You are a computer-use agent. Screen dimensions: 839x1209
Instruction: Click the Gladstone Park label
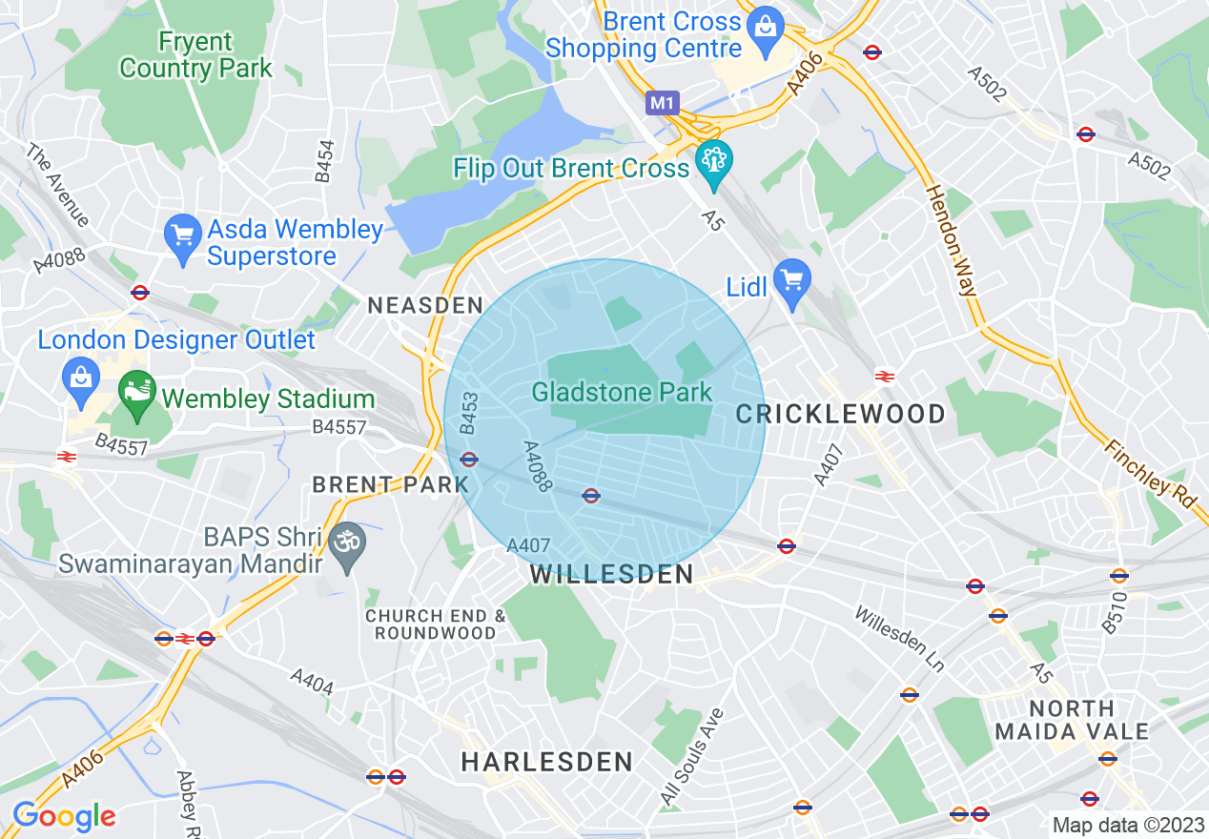(x=622, y=392)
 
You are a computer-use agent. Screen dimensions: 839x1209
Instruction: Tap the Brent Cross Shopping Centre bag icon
(x=764, y=25)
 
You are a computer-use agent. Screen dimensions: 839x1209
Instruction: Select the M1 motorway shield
(x=661, y=102)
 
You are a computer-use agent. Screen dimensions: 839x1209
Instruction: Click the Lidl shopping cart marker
(x=791, y=280)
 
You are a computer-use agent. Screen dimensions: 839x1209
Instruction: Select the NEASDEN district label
(x=425, y=306)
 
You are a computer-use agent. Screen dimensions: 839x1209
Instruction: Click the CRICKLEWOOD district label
(x=841, y=414)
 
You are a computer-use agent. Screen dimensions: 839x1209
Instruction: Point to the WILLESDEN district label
(x=611, y=574)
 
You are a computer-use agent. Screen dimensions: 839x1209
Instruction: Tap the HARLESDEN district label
(x=547, y=762)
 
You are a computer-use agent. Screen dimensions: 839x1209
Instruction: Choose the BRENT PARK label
(x=391, y=484)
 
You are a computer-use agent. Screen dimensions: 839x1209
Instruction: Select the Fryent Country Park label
(x=195, y=55)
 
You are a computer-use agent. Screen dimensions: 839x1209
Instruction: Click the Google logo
(x=64, y=816)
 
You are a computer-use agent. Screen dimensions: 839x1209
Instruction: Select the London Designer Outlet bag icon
(x=81, y=378)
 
